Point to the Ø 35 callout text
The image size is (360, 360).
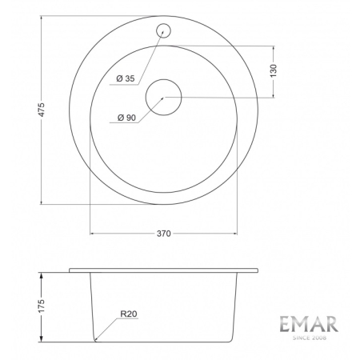[x=125, y=78]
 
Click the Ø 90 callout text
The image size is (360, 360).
[x=126, y=118]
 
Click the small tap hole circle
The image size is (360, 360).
[x=164, y=30]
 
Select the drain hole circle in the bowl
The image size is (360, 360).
[x=164, y=97]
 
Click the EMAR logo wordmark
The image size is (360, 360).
[x=308, y=325]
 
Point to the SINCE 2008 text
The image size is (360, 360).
[x=309, y=338]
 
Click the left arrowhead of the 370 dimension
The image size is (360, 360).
[x=92, y=234]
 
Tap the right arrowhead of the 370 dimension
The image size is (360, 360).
[x=237, y=234]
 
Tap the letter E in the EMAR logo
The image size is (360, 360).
[x=286, y=325]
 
